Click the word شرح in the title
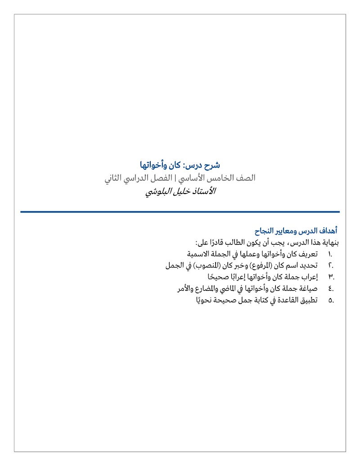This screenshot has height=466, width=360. [211, 165]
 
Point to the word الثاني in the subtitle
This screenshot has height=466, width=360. [113, 178]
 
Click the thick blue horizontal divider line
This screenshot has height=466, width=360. [180, 212]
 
